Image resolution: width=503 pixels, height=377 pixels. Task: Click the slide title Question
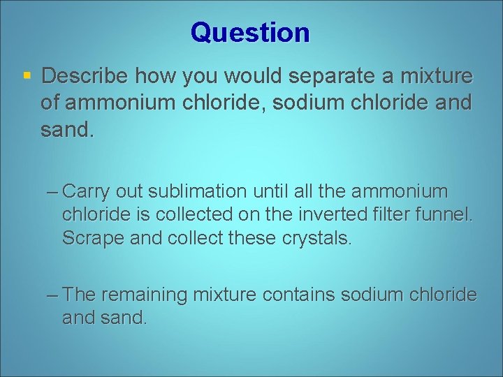click(250, 33)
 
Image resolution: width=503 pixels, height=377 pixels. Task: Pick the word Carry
click(87, 191)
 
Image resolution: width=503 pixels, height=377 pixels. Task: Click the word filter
click(399, 215)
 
